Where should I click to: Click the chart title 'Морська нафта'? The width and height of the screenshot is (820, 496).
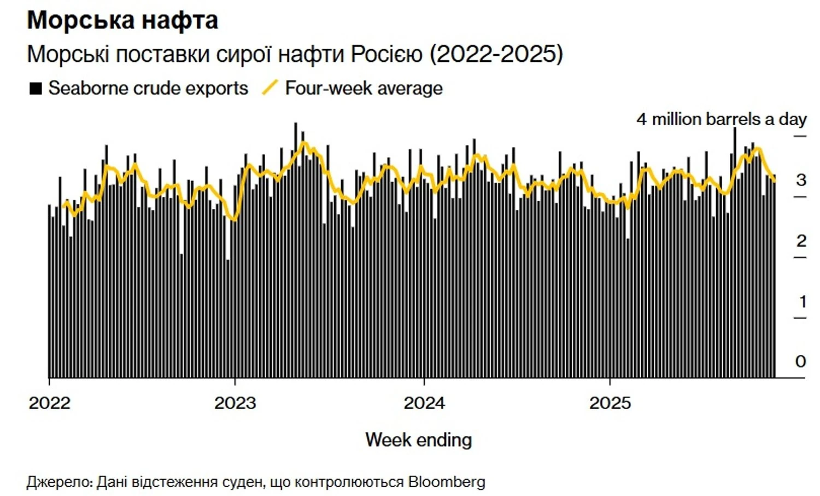tap(122, 21)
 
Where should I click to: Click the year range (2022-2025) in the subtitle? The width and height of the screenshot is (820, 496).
tap(496, 54)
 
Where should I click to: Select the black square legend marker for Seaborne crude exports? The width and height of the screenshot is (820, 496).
tap(36, 89)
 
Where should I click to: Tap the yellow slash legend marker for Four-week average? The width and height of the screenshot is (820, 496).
tap(270, 87)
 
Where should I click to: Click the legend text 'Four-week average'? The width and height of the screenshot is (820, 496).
tap(364, 88)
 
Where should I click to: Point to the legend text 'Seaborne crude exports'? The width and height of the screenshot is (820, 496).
tap(148, 88)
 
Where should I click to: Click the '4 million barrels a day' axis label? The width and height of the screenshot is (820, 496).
tap(721, 119)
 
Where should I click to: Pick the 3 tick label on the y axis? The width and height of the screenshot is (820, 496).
tap(801, 180)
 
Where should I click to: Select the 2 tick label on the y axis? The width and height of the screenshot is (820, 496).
tap(801, 241)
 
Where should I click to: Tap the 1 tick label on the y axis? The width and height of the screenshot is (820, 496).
tap(803, 301)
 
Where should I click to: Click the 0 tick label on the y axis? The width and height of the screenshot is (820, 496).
tap(801, 361)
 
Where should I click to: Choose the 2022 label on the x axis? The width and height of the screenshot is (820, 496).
tap(50, 404)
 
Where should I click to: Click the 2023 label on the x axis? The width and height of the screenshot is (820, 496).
tap(235, 404)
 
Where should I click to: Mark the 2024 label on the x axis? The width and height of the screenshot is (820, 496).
tap(424, 404)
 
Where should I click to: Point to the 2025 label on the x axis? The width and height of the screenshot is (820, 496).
tap(610, 404)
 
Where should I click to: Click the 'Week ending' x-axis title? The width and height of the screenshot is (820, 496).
tap(418, 440)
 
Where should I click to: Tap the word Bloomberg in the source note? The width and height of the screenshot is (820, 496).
tap(447, 482)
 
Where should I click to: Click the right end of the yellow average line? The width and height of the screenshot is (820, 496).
tap(774, 180)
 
